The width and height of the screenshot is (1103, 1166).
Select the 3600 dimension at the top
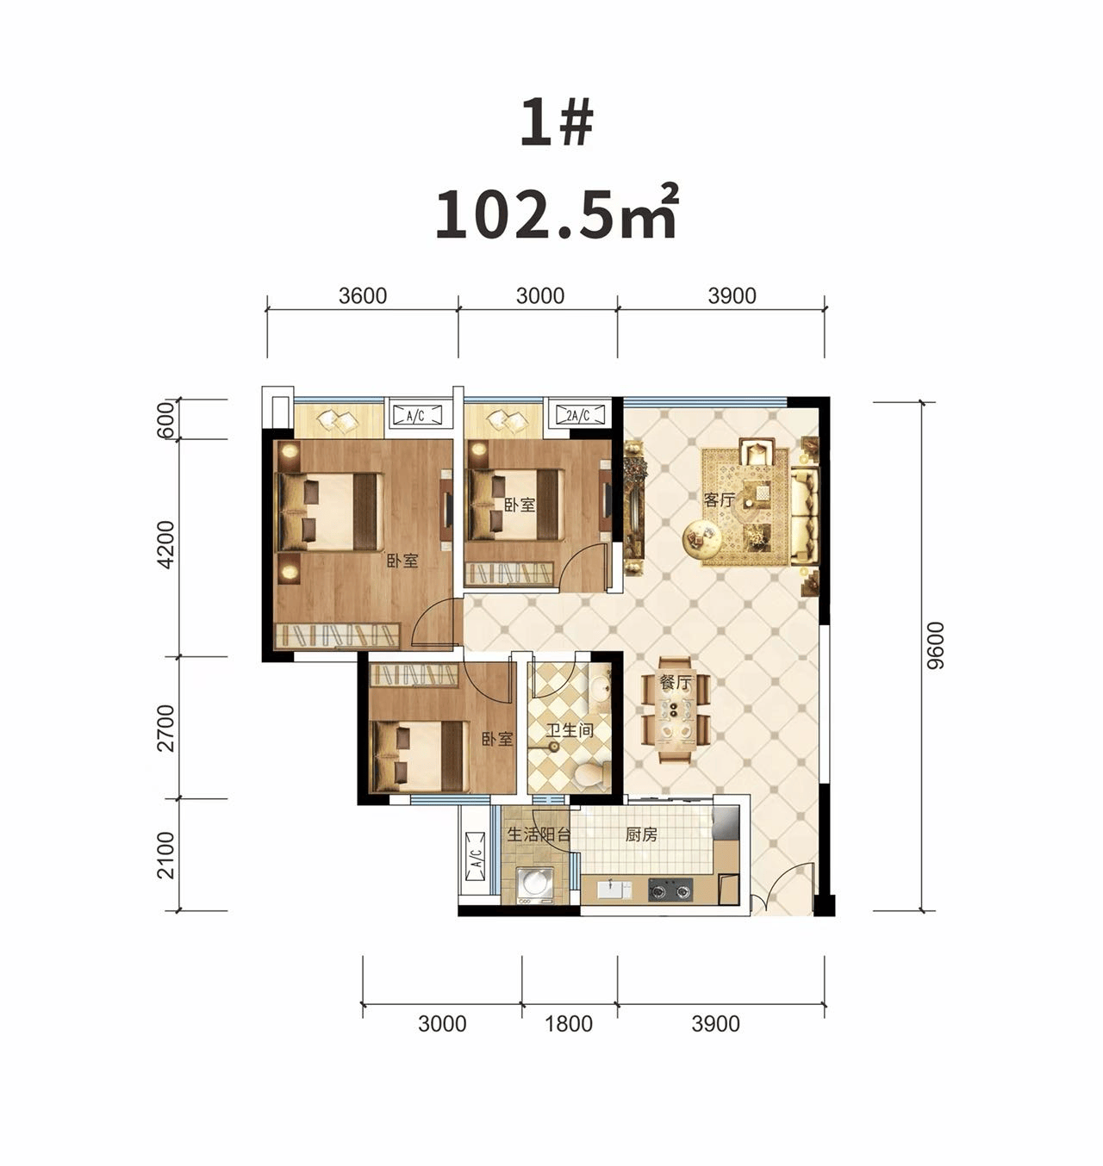[362, 295]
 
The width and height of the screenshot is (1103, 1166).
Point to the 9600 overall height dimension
[934, 645]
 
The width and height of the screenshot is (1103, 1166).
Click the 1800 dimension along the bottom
[569, 1024]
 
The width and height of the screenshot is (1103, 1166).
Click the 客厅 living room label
[719, 499]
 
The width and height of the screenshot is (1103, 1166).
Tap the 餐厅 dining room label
[676, 683]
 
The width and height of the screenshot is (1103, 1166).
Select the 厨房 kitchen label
[641, 835]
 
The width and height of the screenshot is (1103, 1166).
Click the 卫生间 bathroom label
[570, 730]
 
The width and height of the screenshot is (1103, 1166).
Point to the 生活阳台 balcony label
[539, 835]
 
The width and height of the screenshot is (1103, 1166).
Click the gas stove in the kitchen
[670, 890]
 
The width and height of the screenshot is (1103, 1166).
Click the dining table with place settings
[675, 710]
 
